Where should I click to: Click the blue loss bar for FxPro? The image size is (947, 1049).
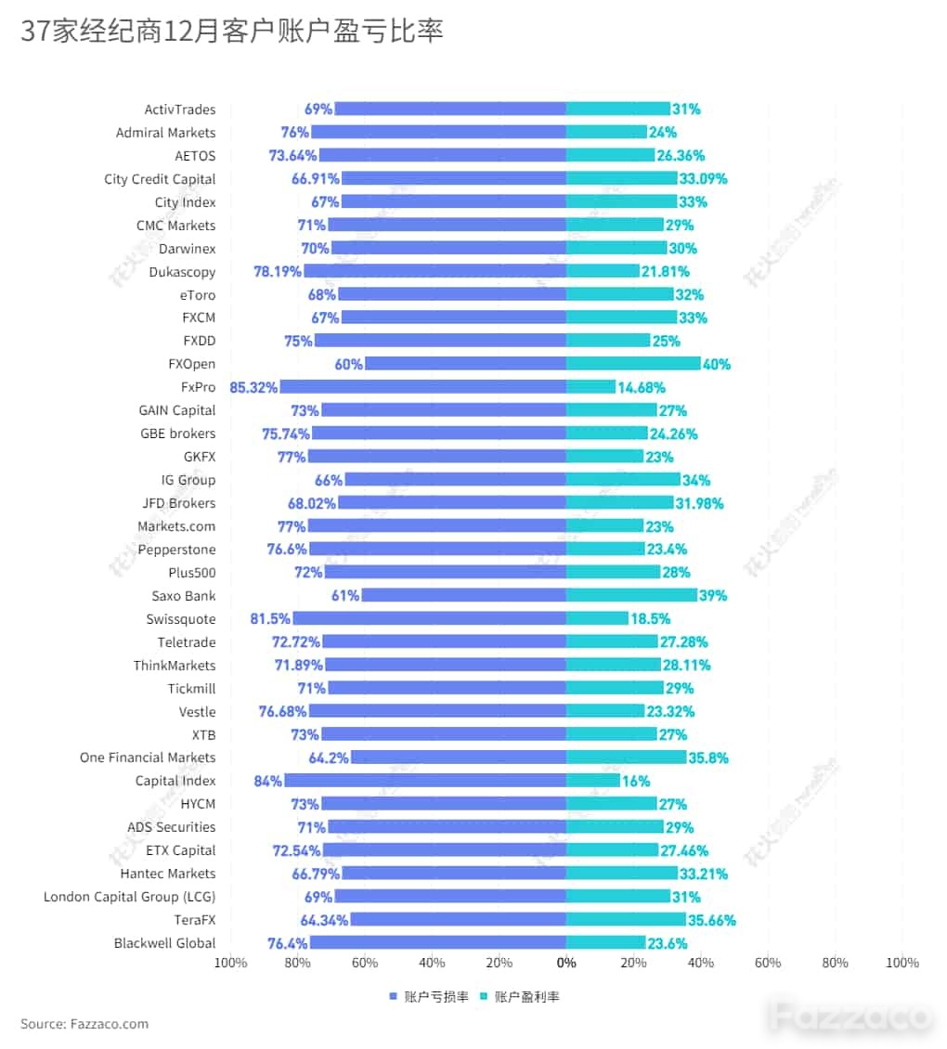(423, 387)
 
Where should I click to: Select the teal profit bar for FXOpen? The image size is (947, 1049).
(633, 363)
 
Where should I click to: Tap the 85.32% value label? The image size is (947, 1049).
(253, 387)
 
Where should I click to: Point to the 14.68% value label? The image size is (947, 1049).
(642, 387)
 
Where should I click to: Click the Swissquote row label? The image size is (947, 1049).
(181, 619)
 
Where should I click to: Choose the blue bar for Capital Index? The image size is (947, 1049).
(425, 780)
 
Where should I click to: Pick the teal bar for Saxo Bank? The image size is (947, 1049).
(631, 595)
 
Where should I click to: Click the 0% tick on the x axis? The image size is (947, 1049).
(566, 963)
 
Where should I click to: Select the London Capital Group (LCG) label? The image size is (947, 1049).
(129, 897)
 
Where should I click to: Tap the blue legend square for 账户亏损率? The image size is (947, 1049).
(394, 996)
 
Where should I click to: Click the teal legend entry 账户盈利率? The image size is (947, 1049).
(520, 996)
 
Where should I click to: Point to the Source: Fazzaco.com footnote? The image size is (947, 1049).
(84, 1024)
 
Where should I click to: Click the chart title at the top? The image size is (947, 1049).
(231, 31)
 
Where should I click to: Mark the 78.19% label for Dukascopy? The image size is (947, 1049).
(277, 272)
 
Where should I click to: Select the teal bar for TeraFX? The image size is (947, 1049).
(626, 919)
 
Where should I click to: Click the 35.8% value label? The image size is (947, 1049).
(708, 758)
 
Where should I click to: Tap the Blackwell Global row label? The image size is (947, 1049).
(164, 943)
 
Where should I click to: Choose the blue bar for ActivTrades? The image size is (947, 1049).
(450, 109)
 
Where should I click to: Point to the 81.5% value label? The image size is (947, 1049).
(270, 619)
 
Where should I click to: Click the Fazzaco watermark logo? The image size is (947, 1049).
(850, 1017)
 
